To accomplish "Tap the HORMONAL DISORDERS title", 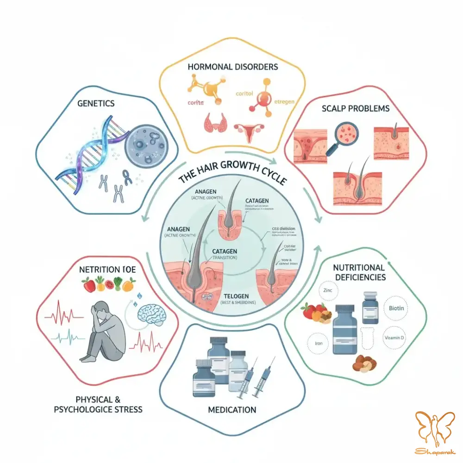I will (233, 67).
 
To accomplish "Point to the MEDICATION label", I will (232, 409).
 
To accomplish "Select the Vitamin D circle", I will (394, 338).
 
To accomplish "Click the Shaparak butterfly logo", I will (433, 431).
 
